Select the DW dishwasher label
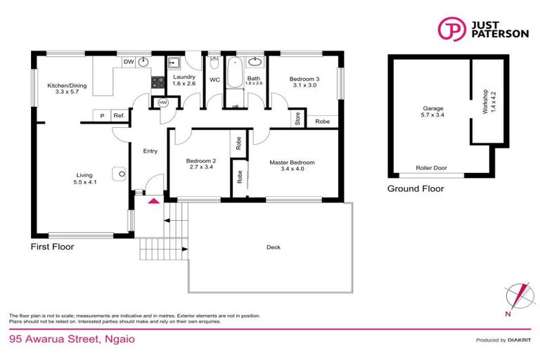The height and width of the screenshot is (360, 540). click(x=129, y=63)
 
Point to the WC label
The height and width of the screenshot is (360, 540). click(x=215, y=80)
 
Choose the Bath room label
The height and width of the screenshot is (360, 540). click(x=254, y=79)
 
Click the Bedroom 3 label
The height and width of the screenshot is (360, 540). click(x=304, y=82)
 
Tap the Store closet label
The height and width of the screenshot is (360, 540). click(x=297, y=119)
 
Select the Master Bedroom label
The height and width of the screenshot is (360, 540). click(x=292, y=166)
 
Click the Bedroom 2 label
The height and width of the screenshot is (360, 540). click(x=200, y=164)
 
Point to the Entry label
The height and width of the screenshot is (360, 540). click(x=150, y=150)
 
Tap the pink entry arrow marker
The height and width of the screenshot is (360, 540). click(x=153, y=202)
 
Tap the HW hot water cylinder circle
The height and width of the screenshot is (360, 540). click(x=163, y=103)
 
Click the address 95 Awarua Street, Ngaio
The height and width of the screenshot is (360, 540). click(x=72, y=339)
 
